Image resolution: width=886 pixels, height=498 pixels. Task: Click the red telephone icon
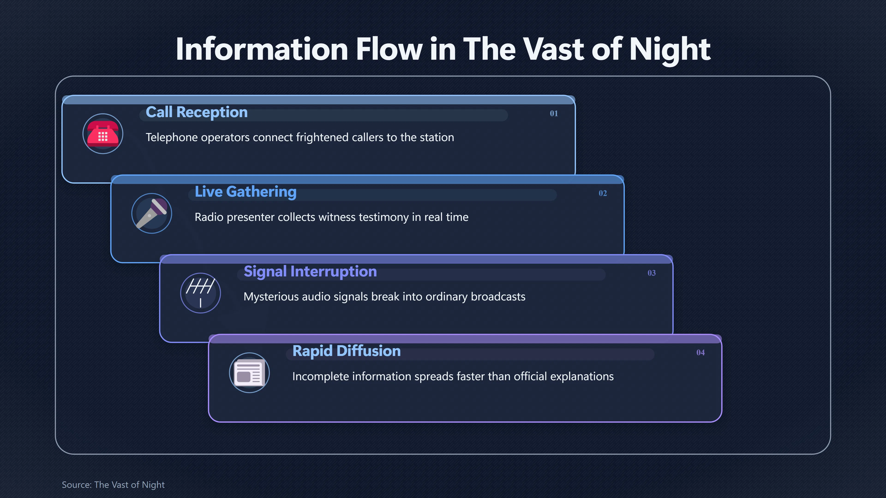coord(103,134)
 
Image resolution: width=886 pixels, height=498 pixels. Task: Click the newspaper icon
coord(249,373)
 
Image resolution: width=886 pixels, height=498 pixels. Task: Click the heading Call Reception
coord(197,112)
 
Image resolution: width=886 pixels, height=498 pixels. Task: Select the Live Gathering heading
coord(245,192)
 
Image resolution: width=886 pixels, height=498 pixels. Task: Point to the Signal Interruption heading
coord(310,272)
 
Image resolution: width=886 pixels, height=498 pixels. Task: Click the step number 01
coord(554,113)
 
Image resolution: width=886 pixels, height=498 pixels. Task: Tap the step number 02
coord(603,193)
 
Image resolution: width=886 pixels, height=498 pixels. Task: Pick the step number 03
coord(651,273)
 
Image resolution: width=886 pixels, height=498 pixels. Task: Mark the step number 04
coord(700,353)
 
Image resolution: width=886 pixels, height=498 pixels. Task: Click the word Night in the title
coord(670,50)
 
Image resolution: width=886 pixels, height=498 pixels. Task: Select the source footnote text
coord(113,485)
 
